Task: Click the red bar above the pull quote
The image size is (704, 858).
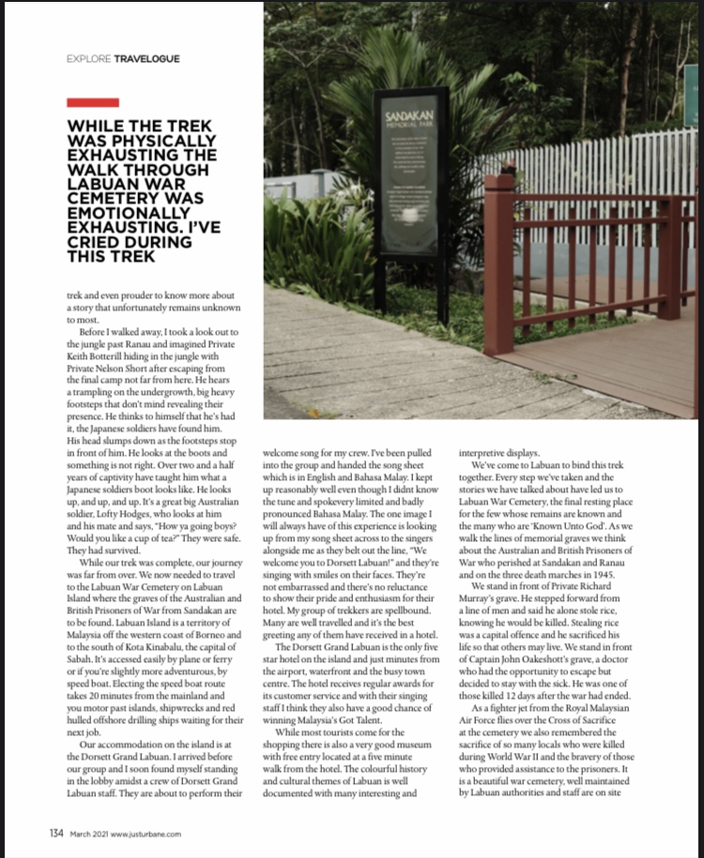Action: coord(93,101)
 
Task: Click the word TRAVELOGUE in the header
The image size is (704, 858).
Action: coord(146,58)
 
